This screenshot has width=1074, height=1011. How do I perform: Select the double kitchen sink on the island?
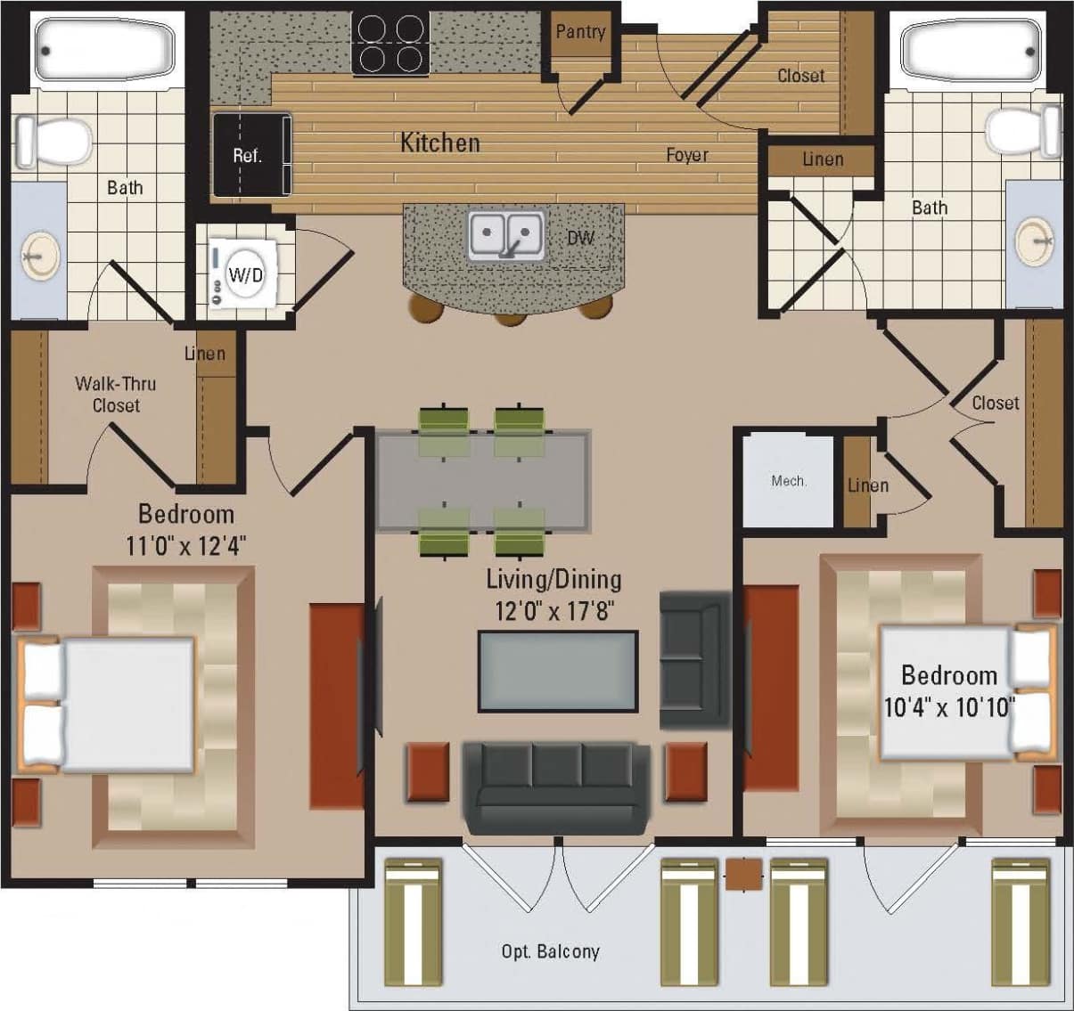click(x=506, y=236)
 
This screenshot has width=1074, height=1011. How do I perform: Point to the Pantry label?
click(x=580, y=32)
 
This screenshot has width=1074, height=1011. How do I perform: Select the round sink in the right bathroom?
click(x=1035, y=238)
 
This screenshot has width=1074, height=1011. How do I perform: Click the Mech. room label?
click(x=789, y=481)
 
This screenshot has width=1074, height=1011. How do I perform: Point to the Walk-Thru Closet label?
click(x=116, y=395)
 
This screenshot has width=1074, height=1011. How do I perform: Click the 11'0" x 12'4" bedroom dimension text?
click(x=186, y=544)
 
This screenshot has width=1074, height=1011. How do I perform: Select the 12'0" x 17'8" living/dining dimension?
click(x=554, y=611)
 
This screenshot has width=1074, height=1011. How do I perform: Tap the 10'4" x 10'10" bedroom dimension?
click(x=949, y=706)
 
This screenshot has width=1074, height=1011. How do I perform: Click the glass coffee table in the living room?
click(x=558, y=671)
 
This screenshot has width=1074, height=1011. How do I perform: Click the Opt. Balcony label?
click(x=550, y=951)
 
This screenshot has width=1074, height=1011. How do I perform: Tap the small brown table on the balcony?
click(x=743, y=874)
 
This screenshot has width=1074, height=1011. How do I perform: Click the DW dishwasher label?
click(x=580, y=238)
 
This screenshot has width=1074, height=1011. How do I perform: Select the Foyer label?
click(x=687, y=155)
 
